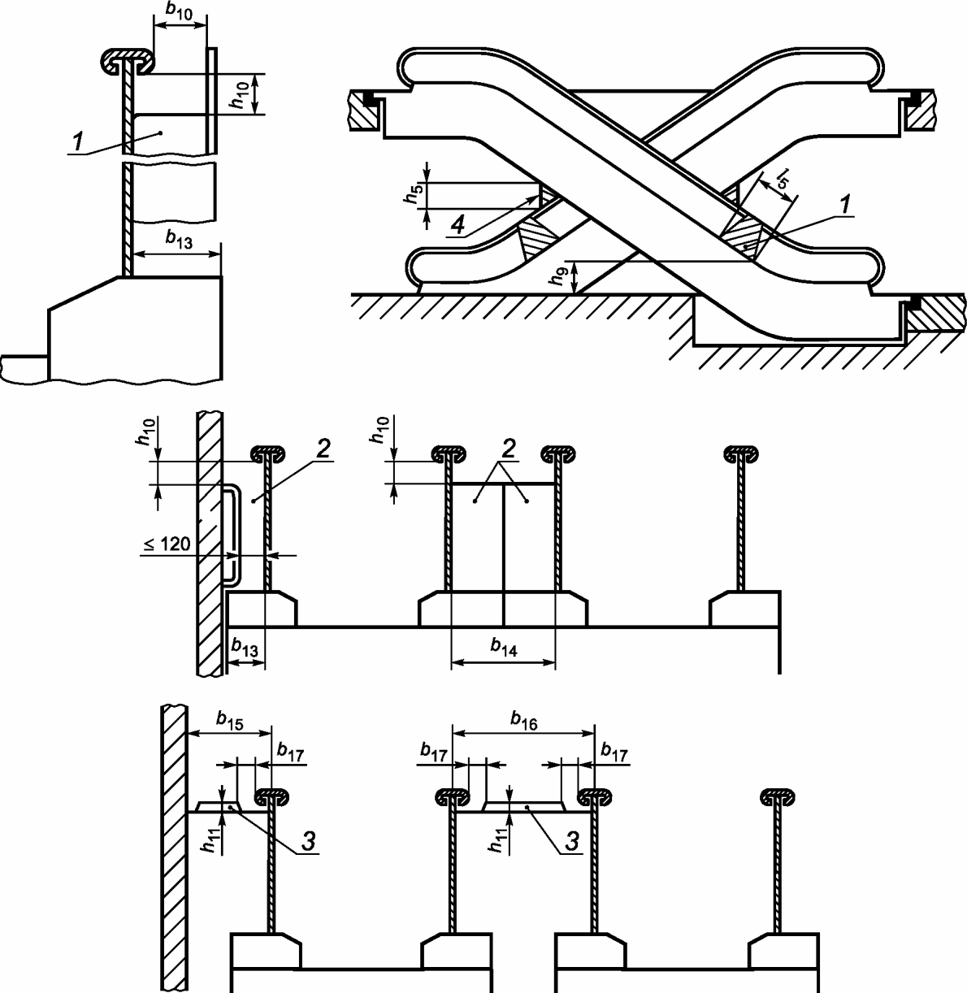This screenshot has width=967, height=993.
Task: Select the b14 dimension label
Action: (503, 646)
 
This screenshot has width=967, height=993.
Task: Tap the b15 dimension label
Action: (230, 718)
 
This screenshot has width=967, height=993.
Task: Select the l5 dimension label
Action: (781, 177)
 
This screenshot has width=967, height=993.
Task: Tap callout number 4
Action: (459, 227)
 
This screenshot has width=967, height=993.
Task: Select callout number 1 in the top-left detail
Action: (76, 143)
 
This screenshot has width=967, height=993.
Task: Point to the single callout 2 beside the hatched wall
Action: (323, 451)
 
